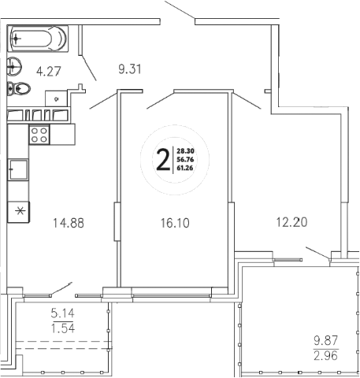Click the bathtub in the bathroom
coord(39,39)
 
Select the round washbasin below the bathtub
coord(13,67)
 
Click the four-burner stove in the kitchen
coord(39,134)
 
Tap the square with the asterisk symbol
coord(17,211)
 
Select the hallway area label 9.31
coord(131,69)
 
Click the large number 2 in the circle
coord(162,161)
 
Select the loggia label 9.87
coord(325,340)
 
